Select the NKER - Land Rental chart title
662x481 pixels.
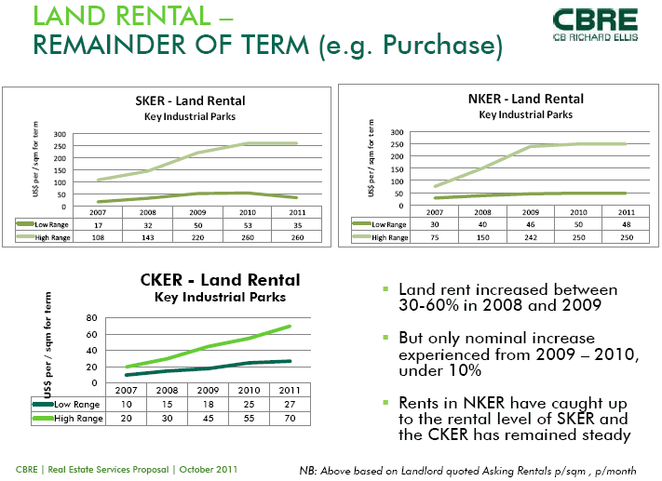[526, 100]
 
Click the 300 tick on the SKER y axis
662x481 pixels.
[61, 134]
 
